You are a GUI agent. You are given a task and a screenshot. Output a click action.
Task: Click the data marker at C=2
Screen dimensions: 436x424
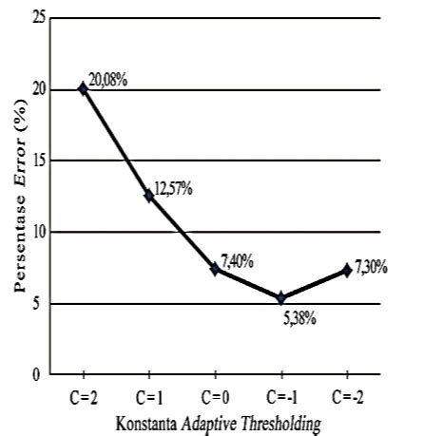coord(83,88)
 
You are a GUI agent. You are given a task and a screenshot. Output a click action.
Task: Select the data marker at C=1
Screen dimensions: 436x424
coord(148,196)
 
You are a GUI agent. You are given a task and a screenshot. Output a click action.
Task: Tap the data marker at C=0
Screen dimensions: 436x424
coord(215,269)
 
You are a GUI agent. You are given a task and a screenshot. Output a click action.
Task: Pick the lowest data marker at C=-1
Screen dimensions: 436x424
coord(280,298)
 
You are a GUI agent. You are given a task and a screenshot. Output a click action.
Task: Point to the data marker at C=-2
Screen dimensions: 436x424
coord(346,271)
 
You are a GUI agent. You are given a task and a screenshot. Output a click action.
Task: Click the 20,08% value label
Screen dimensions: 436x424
coord(109,79)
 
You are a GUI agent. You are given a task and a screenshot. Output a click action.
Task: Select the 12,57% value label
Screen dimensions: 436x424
coord(173,188)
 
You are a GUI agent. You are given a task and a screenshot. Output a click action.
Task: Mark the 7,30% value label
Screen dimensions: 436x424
coord(371,267)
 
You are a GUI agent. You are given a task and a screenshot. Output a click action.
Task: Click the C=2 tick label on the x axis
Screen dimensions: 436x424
coord(83,391)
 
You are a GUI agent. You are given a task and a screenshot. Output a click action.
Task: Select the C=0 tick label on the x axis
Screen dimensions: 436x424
coord(215,391)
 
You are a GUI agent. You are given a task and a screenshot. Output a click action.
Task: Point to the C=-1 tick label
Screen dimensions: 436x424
coord(280,391)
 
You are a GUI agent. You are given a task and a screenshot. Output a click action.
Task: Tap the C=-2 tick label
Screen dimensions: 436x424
coord(346,391)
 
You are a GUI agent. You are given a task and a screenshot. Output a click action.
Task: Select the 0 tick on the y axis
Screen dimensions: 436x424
coord(40,374)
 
